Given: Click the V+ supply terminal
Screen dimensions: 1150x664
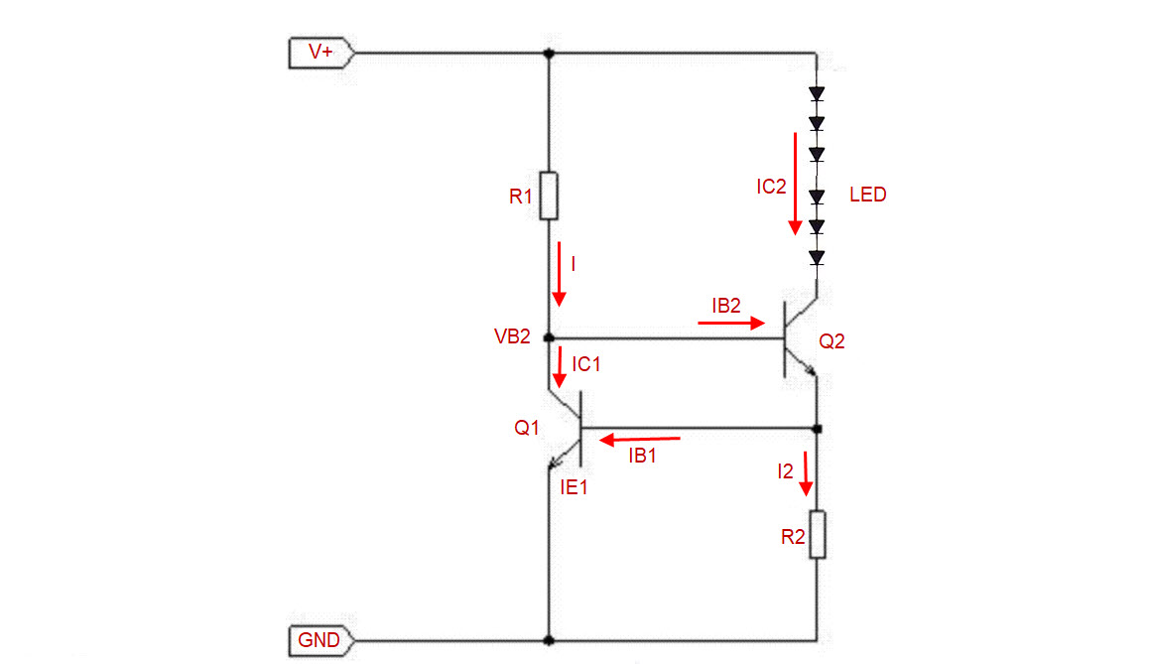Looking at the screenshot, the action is click(321, 53).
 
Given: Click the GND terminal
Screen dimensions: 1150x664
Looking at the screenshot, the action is click(321, 640).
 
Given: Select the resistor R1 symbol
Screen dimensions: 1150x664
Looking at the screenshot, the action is click(549, 196).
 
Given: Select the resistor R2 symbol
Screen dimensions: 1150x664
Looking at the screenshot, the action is click(817, 535).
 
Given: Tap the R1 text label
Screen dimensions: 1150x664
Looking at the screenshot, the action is click(520, 197).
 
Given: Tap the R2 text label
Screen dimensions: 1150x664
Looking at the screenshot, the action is click(793, 537).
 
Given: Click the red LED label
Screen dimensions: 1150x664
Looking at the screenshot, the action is click(867, 195).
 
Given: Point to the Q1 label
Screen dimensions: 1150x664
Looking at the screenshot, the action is click(527, 428).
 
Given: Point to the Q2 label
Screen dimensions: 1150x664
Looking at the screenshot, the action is click(831, 341).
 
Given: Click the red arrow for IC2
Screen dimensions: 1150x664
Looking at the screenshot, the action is click(795, 184).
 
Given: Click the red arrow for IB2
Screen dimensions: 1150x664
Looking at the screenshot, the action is click(731, 323).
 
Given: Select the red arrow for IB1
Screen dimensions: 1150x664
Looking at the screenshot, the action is click(640, 440).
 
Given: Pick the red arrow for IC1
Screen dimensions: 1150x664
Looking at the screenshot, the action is click(560, 366).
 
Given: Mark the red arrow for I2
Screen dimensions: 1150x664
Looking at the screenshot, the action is click(806, 474).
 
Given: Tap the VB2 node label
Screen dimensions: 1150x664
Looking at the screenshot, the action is click(512, 336).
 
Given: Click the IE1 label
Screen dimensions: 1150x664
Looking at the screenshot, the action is click(574, 487).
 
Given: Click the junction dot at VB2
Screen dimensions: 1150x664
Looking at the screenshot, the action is click(549, 338).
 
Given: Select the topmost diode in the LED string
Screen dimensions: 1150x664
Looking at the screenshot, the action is click(817, 94).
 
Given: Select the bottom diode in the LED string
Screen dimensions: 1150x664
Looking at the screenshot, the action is click(817, 257).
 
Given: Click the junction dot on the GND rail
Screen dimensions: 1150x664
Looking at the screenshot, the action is click(549, 640).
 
